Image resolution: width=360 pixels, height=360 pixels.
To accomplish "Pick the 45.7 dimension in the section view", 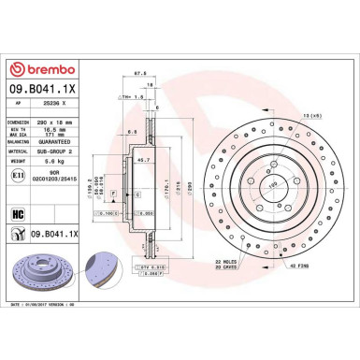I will point(145,161).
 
